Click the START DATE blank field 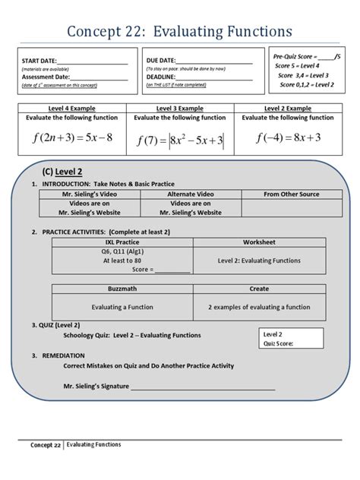pos(96,61)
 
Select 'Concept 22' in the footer pos(46,445)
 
